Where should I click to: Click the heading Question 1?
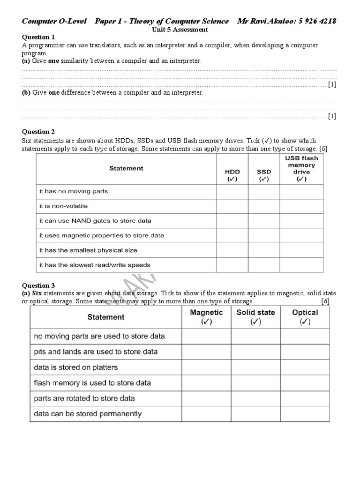[x=39, y=37]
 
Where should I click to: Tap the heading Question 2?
[x=39, y=132]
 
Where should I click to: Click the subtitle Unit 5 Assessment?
[x=180, y=29]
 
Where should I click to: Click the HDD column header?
[x=232, y=175]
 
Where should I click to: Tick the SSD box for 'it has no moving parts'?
[x=264, y=192]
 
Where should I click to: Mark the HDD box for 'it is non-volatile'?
[x=232, y=206]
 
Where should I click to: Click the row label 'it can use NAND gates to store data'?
[x=95, y=221]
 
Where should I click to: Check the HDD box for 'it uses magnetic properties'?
[x=232, y=235]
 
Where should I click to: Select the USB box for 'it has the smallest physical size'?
[x=301, y=250]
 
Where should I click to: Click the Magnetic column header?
[x=206, y=317]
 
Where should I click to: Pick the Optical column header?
[x=305, y=317]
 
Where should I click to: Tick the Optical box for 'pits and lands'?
[x=305, y=352]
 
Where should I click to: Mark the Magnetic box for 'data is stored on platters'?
[x=206, y=367]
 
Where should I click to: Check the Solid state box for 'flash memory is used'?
[x=255, y=382]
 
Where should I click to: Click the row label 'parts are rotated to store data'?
[x=84, y=398]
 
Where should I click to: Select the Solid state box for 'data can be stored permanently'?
[x=255, y=414]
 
